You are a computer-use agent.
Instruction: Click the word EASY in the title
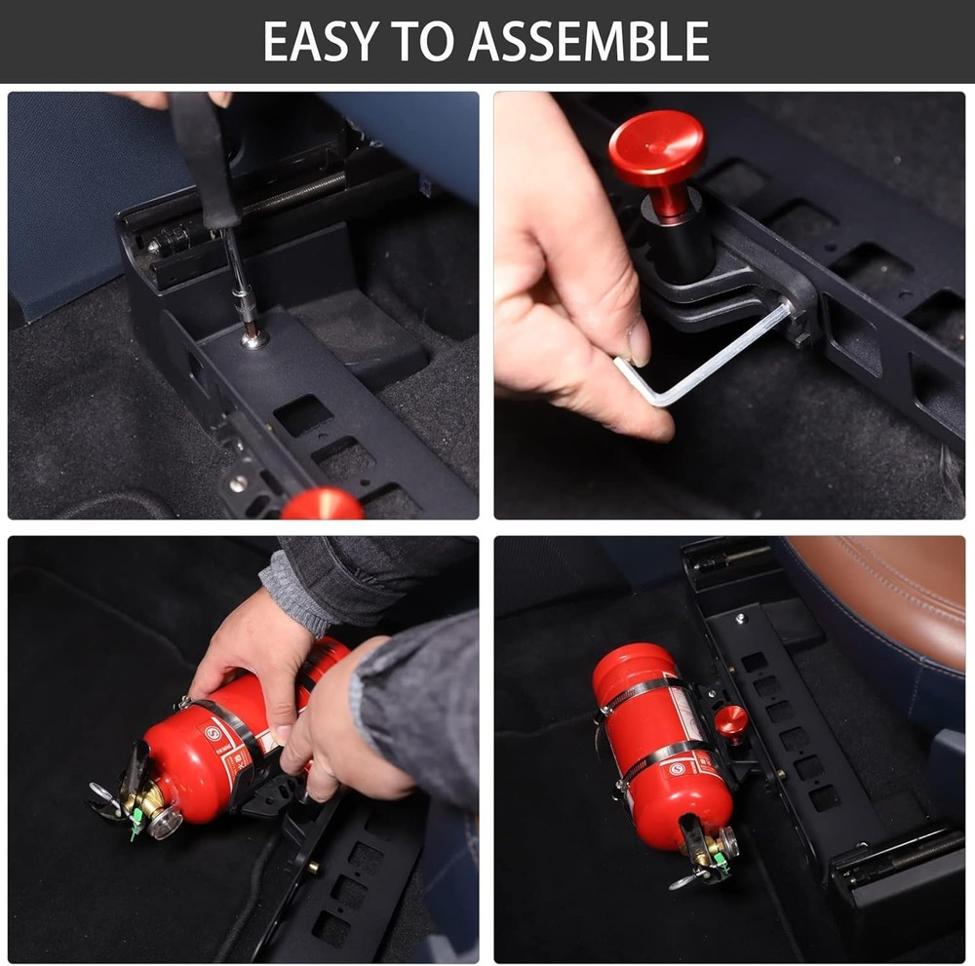point(318,42)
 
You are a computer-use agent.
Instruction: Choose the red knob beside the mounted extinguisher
point(731,722)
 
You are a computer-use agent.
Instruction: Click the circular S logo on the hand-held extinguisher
point(213,734)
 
